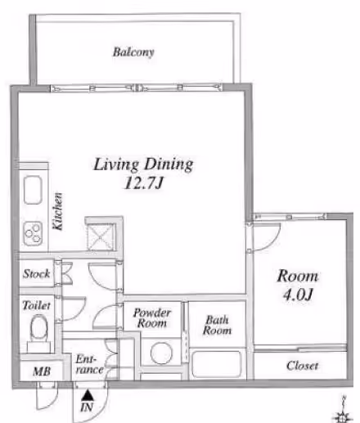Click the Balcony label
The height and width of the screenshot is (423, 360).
point(133,52)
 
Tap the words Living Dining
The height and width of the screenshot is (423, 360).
point(143,164)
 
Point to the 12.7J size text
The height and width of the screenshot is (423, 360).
point(143,182)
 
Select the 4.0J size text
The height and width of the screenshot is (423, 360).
point(297,295)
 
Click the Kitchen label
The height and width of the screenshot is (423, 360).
point(57,211)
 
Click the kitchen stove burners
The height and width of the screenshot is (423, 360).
point(33,234)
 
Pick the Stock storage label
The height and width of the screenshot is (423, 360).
point(37,273)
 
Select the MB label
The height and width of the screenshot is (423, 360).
point(42,371)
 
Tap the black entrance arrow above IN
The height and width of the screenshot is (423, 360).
point(88,395)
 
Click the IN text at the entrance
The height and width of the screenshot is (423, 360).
point(87,407)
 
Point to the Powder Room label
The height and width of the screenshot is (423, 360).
point(152,317)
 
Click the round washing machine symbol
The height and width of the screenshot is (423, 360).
point(161,353)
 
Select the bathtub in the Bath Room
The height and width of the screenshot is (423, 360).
point(217,364)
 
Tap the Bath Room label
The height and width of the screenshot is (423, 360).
point(217,325)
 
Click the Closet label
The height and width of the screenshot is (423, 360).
point(302,366)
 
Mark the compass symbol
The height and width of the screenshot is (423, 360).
point(343,411)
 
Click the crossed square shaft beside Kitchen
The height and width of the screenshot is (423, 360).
point(101,236)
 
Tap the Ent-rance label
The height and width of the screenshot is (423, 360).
point(90,364)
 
